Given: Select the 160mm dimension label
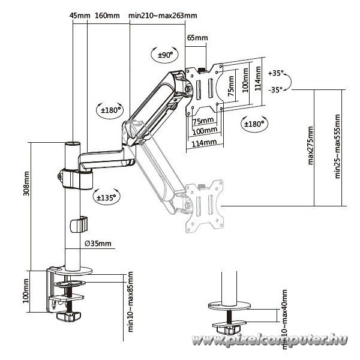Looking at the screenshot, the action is click(107, 16).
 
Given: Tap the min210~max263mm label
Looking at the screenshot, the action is click(163, 16).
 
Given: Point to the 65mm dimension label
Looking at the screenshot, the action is click(197, 37).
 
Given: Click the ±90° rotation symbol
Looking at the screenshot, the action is click(165, 55).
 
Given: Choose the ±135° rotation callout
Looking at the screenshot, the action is click(106, 197).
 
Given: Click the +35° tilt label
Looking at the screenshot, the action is click(276, 73).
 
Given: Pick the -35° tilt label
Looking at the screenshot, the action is click(275, 90).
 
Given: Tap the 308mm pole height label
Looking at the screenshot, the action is click(26, 184).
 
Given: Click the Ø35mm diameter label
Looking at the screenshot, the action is click(98, 244).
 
